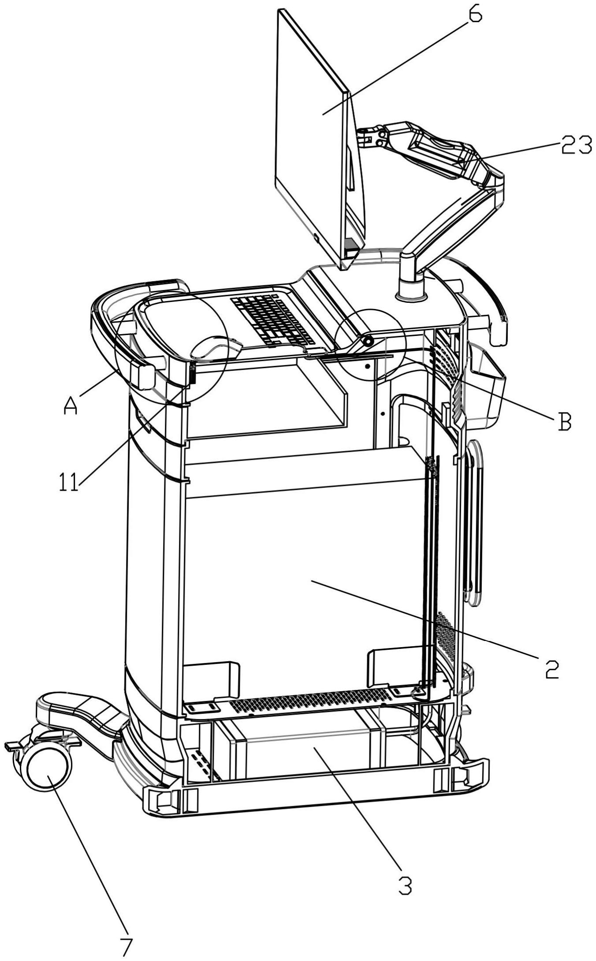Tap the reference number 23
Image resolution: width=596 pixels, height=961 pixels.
(576, 145)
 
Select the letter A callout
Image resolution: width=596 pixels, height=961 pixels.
(71, 405)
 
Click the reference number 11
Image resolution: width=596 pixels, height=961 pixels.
(68, 482)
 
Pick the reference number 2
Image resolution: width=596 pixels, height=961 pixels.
(551, 670)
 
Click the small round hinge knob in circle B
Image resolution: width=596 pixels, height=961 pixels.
(367, 341)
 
